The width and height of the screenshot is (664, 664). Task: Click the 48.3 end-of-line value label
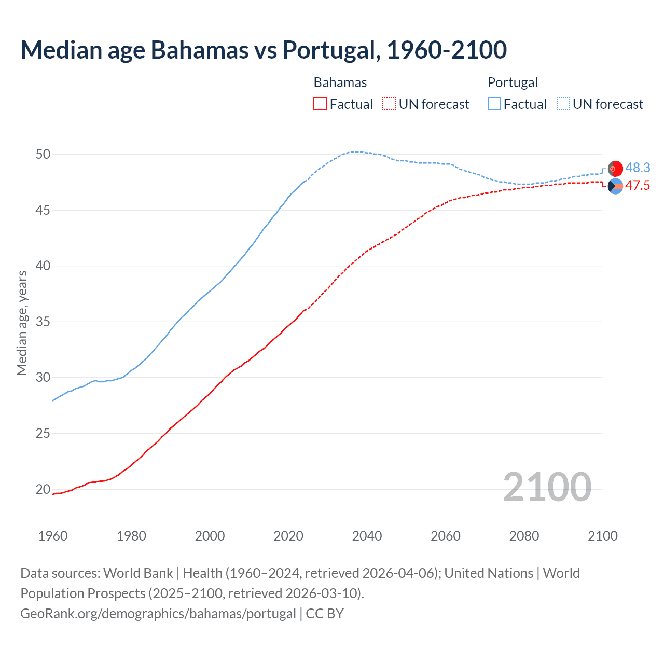638,168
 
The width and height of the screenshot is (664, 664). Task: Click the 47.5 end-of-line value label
638,186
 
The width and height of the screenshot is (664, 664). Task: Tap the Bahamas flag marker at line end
615,186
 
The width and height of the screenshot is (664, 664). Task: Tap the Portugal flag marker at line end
615,169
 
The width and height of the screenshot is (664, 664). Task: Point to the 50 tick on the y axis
43,154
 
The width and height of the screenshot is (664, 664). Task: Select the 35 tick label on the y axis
43,322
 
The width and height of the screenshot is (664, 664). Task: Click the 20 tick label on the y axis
43,489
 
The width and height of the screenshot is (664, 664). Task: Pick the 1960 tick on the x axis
53,536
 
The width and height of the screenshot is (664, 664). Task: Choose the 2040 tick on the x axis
367,536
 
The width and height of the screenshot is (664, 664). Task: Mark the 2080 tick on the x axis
524,536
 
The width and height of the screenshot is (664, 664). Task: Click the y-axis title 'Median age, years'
22,323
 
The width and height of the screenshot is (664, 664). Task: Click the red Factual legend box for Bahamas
320,104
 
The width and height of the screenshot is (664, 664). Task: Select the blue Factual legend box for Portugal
494,104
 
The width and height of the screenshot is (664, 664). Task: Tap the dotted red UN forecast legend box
389,104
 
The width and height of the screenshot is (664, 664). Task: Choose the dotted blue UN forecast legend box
563,104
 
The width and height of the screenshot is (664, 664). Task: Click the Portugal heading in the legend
513,82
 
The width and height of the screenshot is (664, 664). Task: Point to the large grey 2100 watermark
547,487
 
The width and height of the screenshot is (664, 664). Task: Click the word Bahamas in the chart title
199,50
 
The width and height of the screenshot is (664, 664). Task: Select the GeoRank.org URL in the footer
158,613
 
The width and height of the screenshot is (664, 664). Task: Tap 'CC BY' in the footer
325,613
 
